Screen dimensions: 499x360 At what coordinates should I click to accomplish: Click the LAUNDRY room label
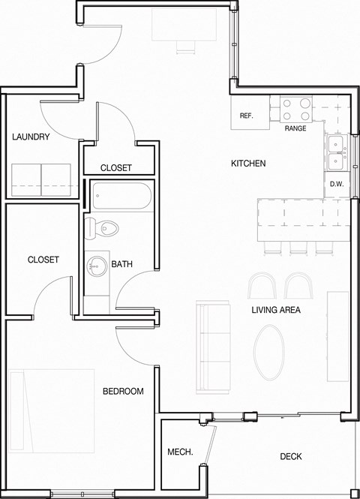[31, 137]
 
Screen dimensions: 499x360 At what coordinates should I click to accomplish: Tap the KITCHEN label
[248, 164]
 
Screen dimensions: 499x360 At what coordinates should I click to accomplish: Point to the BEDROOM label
[123, 392]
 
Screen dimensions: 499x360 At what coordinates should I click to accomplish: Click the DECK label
[291, 456]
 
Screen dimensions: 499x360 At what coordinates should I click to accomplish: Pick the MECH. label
[180, 452]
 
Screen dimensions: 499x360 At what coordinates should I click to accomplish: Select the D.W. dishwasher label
[336, 185]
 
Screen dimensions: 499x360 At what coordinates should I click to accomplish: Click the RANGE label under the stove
[295, 129]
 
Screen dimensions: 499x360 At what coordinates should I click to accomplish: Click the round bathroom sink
[96, 264]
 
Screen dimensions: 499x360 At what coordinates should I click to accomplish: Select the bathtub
[121, 197]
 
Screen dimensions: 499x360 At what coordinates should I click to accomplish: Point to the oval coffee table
[269, 353]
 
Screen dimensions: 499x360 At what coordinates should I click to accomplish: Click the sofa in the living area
[212, 346]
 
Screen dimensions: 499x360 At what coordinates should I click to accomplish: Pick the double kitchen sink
[335, 152]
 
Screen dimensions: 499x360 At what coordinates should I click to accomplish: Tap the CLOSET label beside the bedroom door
[43, 260]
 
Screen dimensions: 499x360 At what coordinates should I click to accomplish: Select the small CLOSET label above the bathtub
[116, 168]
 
